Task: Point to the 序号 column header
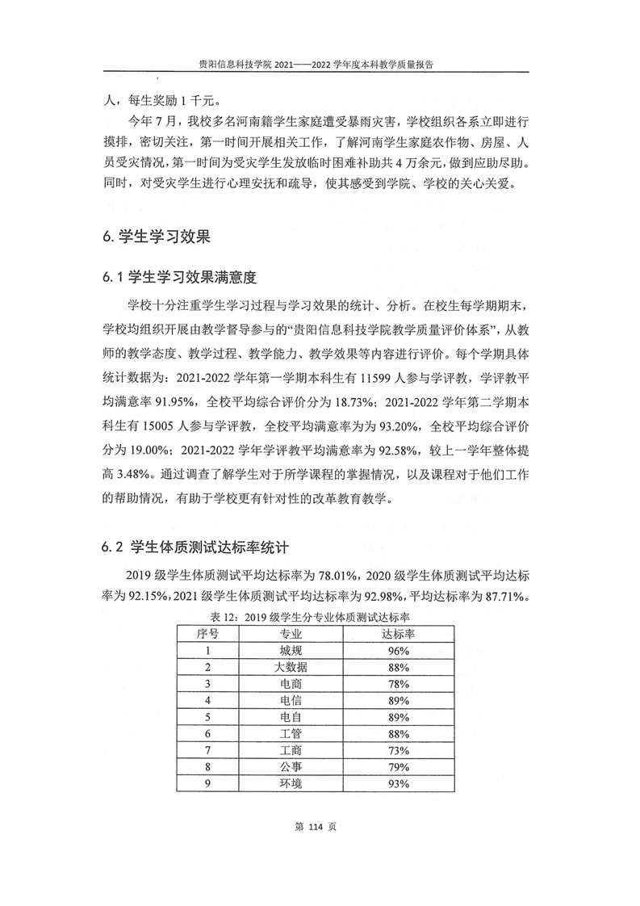point(207,633)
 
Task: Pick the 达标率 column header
point(396,633)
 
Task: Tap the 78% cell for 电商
point(396,684)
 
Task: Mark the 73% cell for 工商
point(396,751)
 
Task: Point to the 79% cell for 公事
point(396,767)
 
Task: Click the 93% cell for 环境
point(396,784)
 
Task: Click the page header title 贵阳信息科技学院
point(229,68)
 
